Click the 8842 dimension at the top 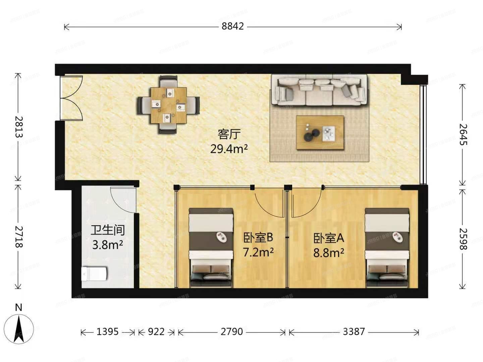coord(232,26)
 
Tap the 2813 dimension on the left coord(18,127)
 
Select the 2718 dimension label coord(18,237)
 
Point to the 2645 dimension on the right coord(463,134)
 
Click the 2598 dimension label coord(463,239)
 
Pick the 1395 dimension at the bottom coord(107,332)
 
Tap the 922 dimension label coord(156,332)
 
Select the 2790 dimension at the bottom coord(231,332)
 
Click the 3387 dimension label coord(354,332)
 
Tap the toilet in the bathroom coord(94,274)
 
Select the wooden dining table coord(169,105)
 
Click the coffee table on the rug coord(320,132)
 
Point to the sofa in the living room coord(319,90)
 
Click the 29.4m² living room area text coord(229,148)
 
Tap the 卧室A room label coord(329,238)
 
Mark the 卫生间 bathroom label coord(108,230)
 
